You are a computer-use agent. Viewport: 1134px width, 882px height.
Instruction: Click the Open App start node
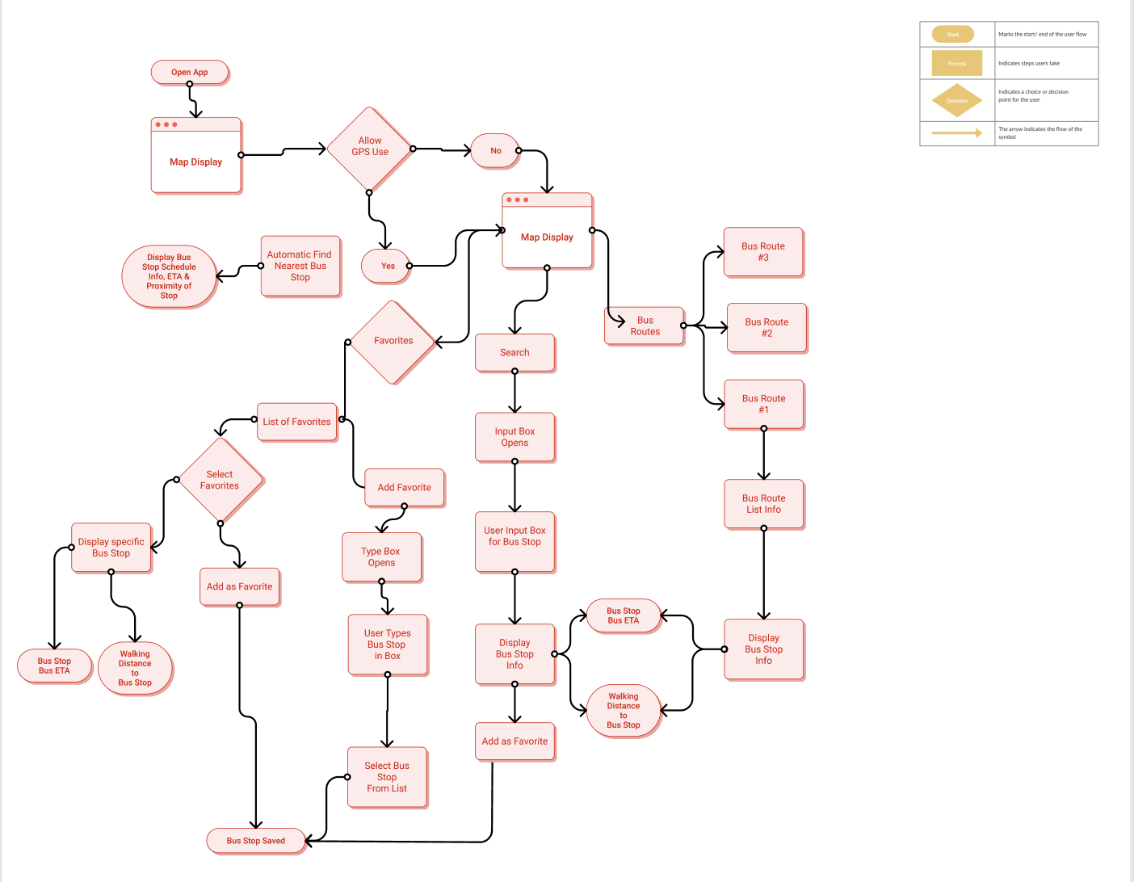click(190, 73)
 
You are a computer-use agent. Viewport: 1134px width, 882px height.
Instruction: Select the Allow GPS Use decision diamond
click(370, 148)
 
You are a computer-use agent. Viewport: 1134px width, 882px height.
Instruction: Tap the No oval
click(495, 151)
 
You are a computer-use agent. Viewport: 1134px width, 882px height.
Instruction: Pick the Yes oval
click(387, 266)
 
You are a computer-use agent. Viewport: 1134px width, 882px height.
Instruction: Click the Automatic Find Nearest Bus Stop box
click(300, 266)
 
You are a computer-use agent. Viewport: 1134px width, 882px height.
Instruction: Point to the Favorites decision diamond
click(393, 342)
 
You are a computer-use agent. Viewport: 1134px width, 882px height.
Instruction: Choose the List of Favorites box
click(296, 422)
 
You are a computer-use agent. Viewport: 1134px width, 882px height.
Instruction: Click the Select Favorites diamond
click(220, 481)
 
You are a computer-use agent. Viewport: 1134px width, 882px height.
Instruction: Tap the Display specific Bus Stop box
click(111, 548)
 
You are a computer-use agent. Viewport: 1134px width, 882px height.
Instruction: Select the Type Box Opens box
click(381, 557)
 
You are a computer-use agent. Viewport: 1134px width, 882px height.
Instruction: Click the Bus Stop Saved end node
click(255, 841)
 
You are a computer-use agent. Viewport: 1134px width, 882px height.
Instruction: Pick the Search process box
click(514, 353)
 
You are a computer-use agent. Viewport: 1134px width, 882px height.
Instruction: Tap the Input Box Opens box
click(514, 437)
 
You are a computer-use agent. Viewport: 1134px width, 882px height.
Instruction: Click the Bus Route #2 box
click(766, 328)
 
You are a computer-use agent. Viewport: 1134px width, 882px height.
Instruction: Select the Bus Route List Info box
click(763, 504)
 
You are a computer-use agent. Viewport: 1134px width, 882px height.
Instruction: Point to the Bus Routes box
click(645, 326)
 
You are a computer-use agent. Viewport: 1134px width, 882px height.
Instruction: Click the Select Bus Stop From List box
click(387, 777)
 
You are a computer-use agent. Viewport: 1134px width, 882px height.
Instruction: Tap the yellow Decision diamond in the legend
click(957, 101)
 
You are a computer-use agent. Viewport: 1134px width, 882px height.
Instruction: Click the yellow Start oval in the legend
click(953, 35)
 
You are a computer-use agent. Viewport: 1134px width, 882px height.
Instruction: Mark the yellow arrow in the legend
click(957, 133)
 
